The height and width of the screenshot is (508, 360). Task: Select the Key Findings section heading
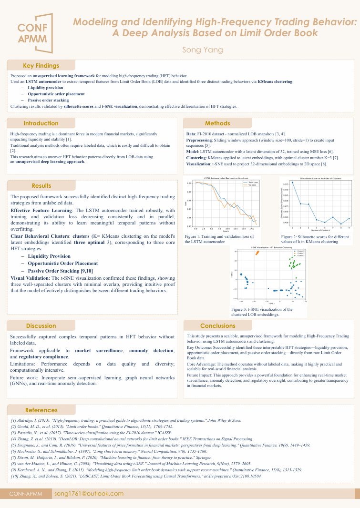41,66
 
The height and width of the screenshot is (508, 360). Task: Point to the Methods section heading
217,123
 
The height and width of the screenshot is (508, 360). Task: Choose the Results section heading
41,186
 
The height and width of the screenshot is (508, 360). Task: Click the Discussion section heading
41,326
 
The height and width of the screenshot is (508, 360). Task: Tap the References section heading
41,410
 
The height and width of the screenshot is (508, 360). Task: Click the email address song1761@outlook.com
89,494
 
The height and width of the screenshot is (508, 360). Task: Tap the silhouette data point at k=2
292,183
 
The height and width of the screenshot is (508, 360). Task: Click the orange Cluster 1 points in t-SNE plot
257,253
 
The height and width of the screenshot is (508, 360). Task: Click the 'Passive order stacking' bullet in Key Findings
48,100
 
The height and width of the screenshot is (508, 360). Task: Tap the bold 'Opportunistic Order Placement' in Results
63,263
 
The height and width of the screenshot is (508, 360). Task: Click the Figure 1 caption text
219,239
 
